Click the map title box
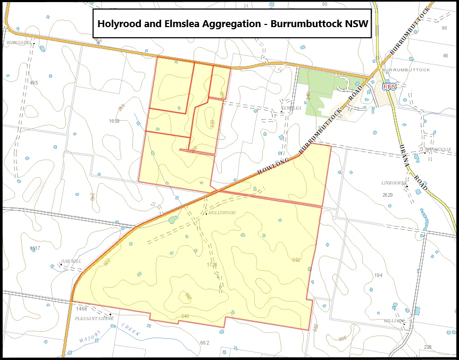click(x=231, y=24)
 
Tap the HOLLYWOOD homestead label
click(x=222, y=213)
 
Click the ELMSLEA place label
click(x=291, y=108)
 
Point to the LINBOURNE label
click(x=393, y=182)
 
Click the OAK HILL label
click(x=71, y=261)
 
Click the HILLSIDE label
click(x=394, y=321)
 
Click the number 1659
click(x=114, y=121)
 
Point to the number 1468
click(x=81, y=308)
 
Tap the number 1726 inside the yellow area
click(x=212, y=264)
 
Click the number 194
click(x=378, y=275)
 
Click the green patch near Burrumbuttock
click(x=317, y=85)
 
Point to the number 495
click(x=34, y=83)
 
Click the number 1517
click(x=35, y=248)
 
